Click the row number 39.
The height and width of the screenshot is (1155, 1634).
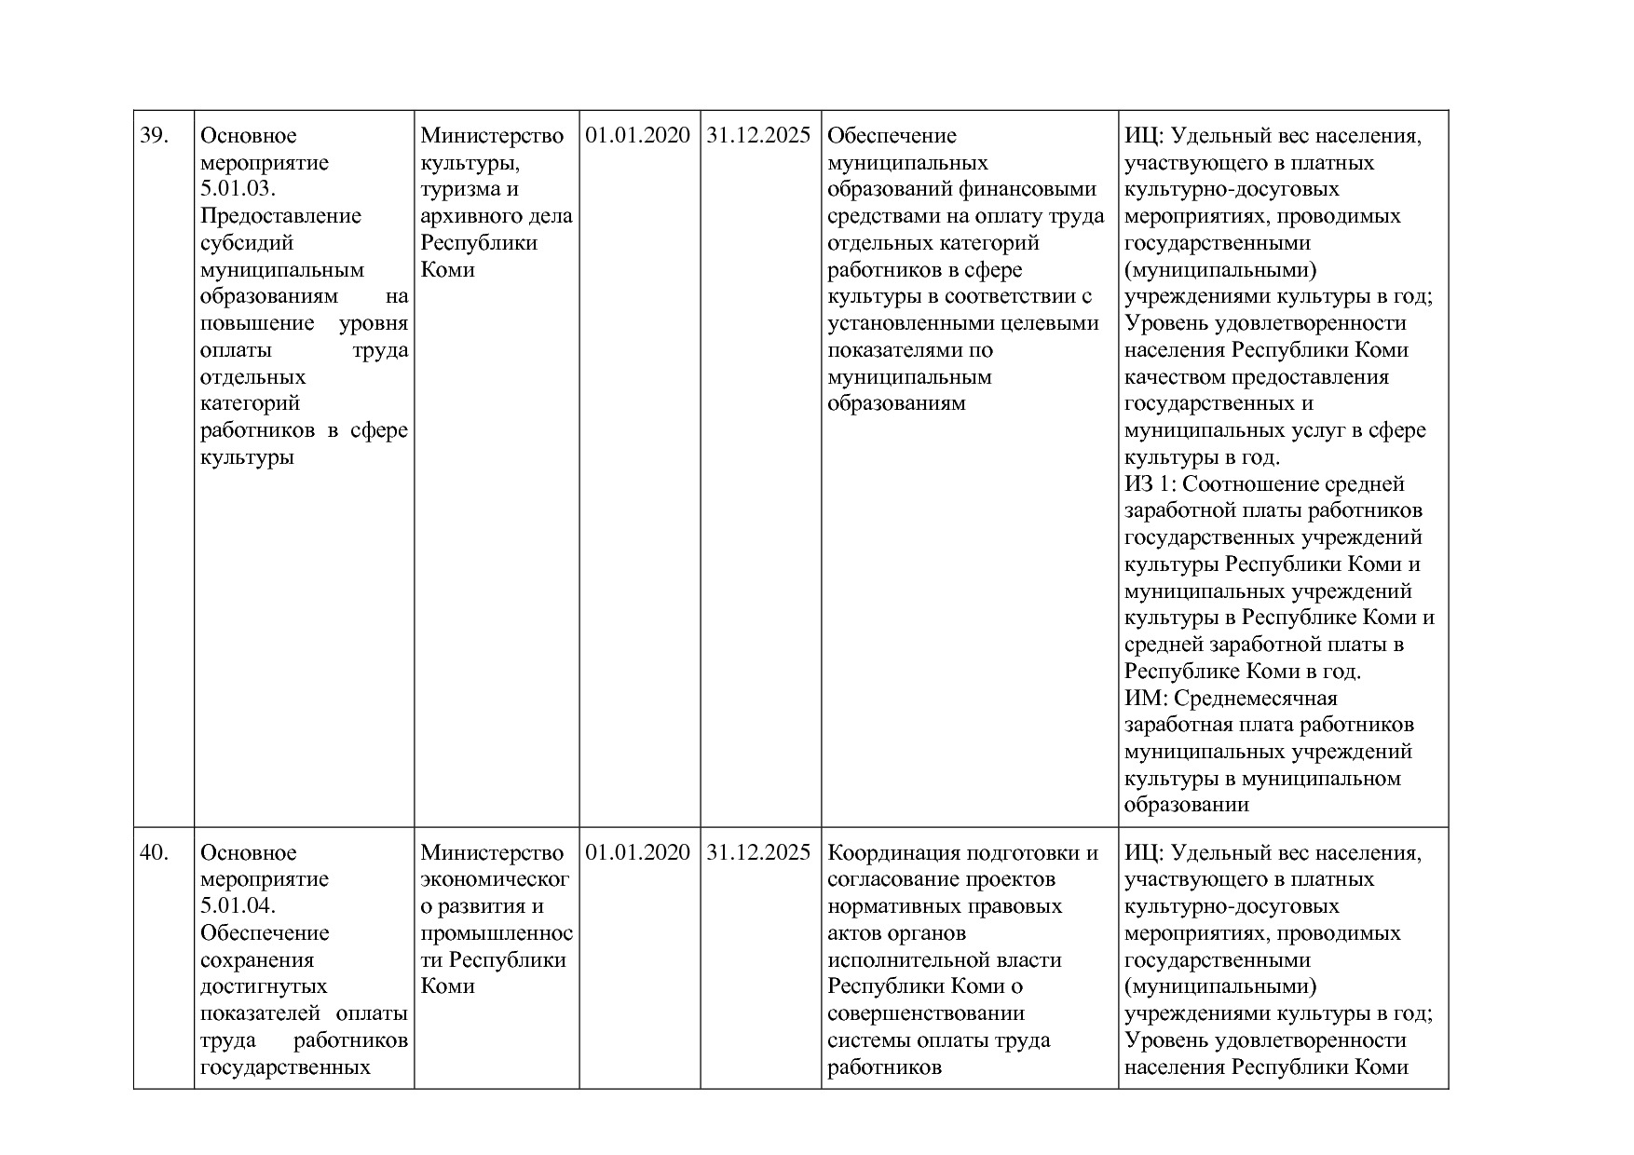tap(154, 136)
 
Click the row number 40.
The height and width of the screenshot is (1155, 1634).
tap(154, 853)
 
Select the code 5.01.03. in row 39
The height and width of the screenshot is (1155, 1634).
tap(238, 190)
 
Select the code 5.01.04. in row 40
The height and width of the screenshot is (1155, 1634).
tap(238, 906)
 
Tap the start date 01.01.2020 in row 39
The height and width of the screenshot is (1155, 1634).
tap(638, 136)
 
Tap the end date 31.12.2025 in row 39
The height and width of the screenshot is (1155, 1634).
tap(759, 136)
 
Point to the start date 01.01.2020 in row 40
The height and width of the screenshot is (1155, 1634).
tap(638, 853)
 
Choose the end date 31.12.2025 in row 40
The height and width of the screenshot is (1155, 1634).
tap(759, 853)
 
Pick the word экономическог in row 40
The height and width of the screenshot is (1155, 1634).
tap(495, 880)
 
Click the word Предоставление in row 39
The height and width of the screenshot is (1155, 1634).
tap(280, 216)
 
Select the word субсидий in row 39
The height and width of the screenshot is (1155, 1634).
tap(247, 243)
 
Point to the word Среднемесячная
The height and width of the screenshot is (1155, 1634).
tap(1256, 699)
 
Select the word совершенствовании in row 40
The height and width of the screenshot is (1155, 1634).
tap(926, 1013)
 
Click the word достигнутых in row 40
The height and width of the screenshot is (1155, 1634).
tap(264, 986)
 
